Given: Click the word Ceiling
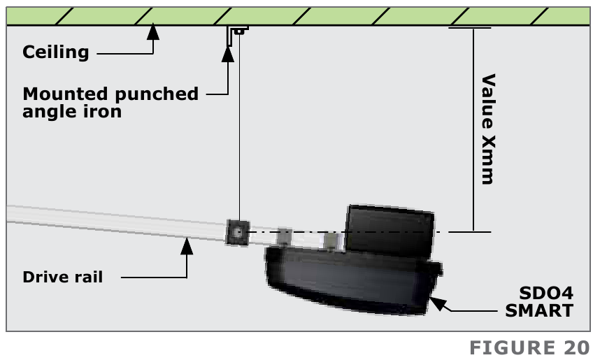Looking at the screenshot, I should pyautogui.click(x=56, y=52).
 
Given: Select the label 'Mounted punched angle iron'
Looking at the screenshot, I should pyautogui.click(x=110, y=102).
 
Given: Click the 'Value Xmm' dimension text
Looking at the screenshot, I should pyautogui.click(x=487, y=129).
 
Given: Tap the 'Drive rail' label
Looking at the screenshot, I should pyautogui.click(x=63, y=278).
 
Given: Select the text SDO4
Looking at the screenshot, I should pyautogui.click(x=547, y=293).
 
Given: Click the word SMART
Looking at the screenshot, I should pyautogui.click(x=538, y=310).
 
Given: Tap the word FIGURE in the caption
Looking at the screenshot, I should pyautogui.click(x=510, y=347).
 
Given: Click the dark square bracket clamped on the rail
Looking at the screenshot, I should pyautogui.click(x=238, y=231).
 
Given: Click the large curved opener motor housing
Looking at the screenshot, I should pyautogui.click(x=350, y=280).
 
